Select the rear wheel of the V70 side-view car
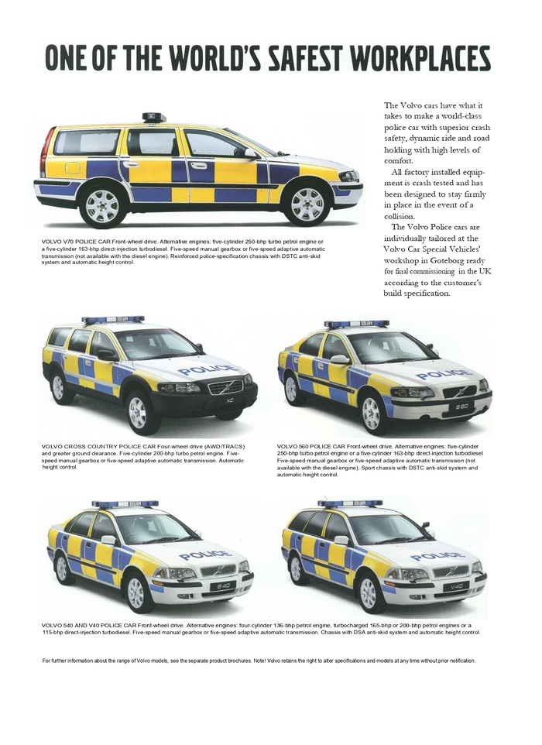coord(102,205)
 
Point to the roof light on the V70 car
coord(154,118)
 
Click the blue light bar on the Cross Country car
coord(113,319)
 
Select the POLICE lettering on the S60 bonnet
coord(443,375)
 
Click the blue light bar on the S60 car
coord(356,323)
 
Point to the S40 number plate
coord(221,585)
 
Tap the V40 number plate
coord(455,586)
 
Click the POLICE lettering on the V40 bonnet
coord(437,556)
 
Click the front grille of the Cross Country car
coord(225,386)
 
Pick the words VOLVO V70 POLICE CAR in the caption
coord(76,242)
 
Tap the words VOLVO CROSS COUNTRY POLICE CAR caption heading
coord(93,446)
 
